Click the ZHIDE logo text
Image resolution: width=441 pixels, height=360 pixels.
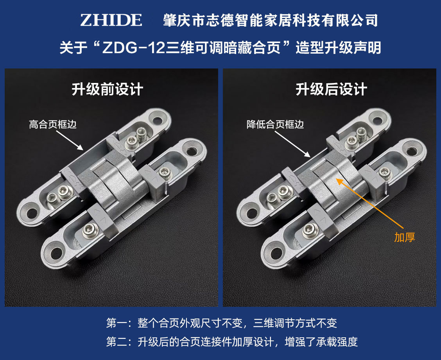111,20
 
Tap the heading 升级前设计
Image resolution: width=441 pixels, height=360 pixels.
108,89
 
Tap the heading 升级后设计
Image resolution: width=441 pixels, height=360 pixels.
331,89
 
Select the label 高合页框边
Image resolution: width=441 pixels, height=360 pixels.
53,124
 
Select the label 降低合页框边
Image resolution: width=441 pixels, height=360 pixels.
275,124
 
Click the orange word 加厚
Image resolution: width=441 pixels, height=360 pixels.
404,237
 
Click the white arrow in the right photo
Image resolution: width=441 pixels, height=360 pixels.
292,144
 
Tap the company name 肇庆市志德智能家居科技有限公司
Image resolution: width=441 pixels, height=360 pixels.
271,20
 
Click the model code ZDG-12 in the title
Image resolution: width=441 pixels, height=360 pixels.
134,48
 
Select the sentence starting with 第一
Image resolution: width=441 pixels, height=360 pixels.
222,323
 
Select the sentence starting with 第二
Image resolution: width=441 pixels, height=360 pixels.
232,342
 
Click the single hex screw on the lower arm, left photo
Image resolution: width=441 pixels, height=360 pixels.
91,232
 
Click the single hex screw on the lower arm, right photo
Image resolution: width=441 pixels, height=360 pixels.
310,232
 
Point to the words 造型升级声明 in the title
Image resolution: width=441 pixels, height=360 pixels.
338,48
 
